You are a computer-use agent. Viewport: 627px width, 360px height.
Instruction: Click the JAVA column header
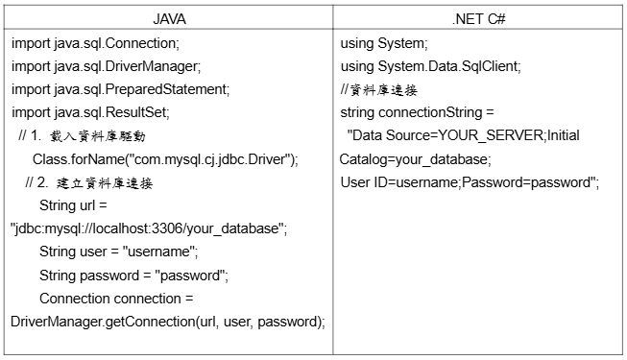click(x=169, y=19)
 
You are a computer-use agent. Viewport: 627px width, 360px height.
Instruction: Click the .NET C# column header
click(x=478, y=19)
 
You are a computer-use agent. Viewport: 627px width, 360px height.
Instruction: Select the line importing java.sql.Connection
click(x=96, y=43)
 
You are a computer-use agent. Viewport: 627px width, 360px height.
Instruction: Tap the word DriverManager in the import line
click(x=151, y=66)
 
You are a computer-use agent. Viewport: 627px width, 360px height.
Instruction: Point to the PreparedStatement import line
click(x=121, y=89)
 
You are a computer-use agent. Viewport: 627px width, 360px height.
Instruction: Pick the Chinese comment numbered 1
click(x=82, y=136)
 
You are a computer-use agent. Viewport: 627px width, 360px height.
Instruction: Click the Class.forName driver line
click(x=165, y=159)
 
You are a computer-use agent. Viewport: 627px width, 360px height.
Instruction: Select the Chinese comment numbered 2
click(x=88, y=182)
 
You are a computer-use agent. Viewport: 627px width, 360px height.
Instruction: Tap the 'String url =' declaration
click(x=73, y=205)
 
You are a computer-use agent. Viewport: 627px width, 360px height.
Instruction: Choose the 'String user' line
click(x=119, y=252)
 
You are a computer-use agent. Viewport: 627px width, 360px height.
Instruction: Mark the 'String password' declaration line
click(x=133, y=276)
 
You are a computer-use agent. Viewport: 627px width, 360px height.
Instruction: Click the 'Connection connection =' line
click(x=116, y=299)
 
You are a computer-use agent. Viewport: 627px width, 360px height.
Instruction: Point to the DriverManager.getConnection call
click(x=168, y=322)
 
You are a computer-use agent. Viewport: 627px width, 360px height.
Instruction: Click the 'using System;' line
click(x=384, y=43)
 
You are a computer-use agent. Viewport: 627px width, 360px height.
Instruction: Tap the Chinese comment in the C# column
click(x=378, y=90)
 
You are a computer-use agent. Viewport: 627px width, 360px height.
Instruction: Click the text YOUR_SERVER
click(x=491, y=136)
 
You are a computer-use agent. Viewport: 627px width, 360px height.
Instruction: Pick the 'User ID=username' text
click(x=399, y=182)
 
